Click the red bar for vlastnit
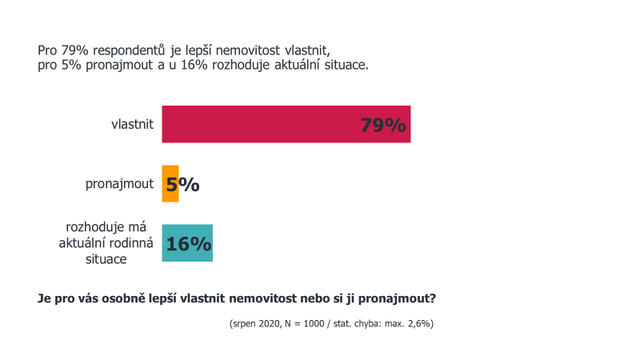coord(264,124)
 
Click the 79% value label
coord(383,126)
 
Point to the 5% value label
coord(183,185)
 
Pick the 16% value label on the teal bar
coord(188,243)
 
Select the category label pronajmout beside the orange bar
coord(119,184)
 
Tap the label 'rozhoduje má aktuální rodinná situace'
coord(107,243)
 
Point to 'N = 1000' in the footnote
coord(303,324)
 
